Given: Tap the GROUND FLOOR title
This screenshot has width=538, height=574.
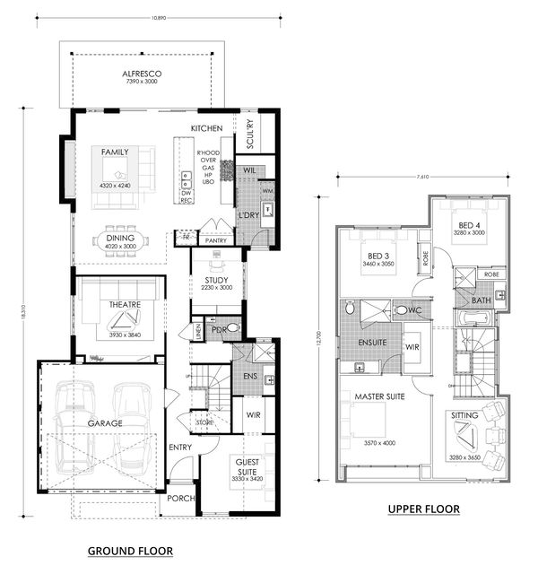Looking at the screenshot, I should pos(130,550).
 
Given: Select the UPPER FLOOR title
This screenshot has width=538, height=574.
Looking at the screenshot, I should pos(423,509).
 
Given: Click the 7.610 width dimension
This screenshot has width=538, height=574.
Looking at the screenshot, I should pos(417,178).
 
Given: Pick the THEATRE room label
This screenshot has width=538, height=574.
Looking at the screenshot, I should pos(126,305).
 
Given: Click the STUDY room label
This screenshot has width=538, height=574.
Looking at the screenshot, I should pos(217,280).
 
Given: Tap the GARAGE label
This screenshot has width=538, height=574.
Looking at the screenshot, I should pos(105,422).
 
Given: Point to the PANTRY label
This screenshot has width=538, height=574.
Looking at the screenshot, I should pos(215,241).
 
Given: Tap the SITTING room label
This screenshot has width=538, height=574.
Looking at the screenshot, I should pos(464,416).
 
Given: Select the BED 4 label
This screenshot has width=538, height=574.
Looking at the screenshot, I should pos(470,225).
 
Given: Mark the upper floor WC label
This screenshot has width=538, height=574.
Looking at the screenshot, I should pos(414,310).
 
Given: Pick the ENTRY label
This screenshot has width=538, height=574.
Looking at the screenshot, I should pos(179,447).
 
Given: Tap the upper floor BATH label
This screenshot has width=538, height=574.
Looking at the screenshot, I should pos(481,300).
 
